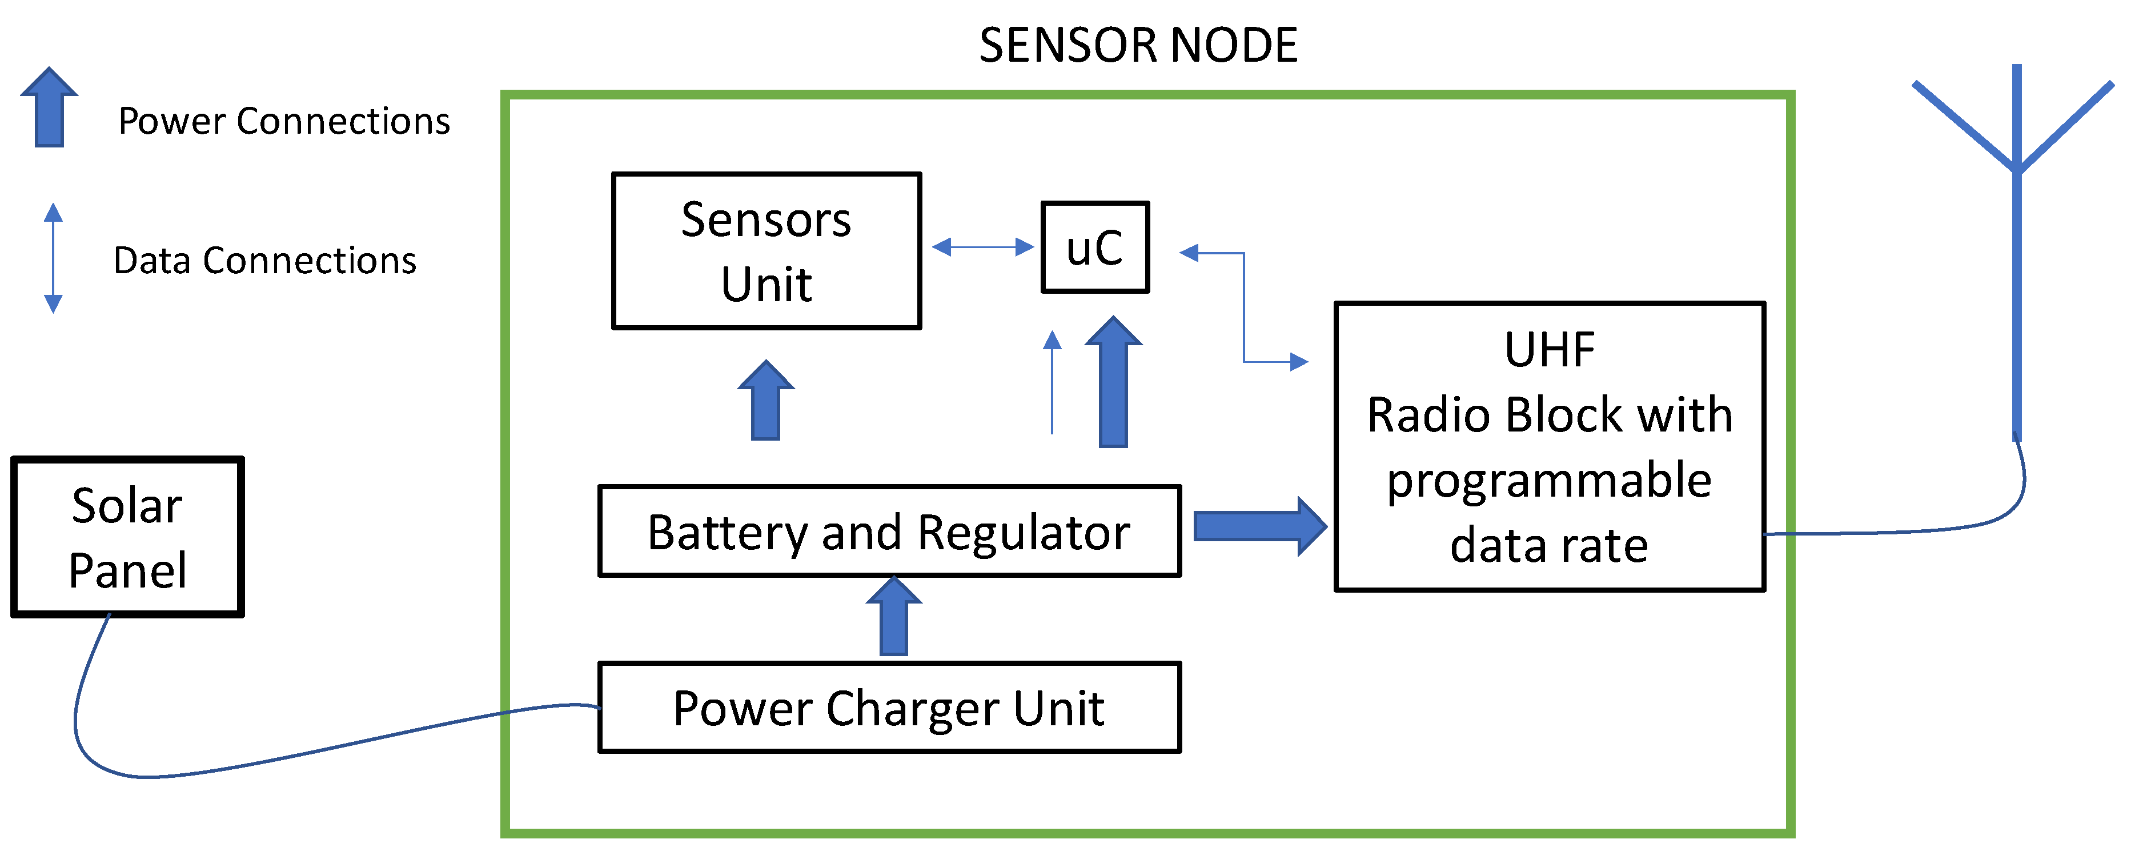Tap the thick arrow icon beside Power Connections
pyautogui.click(x=50, y=107)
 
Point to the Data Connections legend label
pyautogui.click(x=264, y=260)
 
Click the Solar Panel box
pyautogui.click(x=127, y=537)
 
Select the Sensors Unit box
pyautogui.click(x=766, y=251)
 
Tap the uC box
pyautogui.click(x=1094, y=246)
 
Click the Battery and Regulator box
pyautogui.click(x=889, y=531)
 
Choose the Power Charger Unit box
pyautogui.click(x=889, y=708)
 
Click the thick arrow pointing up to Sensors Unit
pyautogui.click(x=766, y=401)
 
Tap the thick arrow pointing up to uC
pyautogui.click(x=1114, y=382)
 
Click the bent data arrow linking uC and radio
pyautogui.click(x=1243, y=307)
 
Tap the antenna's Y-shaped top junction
pyautogui.click(x=2017, y=166)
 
